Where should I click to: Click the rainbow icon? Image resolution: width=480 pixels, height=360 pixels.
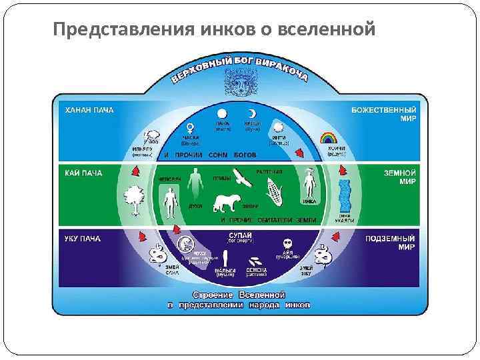[x=328, y=139]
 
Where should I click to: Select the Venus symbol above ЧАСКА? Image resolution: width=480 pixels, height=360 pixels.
[x=191, y=126]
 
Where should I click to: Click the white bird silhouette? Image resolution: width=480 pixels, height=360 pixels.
[x=241, y=177]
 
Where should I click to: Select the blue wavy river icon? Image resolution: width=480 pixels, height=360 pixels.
[x=344, y=196]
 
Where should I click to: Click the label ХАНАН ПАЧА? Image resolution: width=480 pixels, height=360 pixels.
[x=89, y=111]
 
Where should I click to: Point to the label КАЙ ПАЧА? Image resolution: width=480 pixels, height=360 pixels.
[x=83, y=173]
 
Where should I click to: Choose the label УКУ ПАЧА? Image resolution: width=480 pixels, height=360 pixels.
[x=83, y=238]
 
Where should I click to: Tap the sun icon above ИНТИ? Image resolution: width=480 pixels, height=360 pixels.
[x=278, y=128]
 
